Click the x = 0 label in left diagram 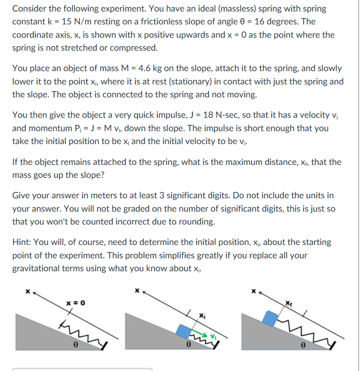76,303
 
